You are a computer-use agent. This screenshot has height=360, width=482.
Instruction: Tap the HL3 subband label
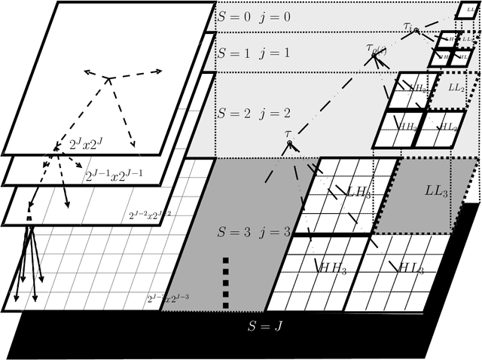tap(411, 268)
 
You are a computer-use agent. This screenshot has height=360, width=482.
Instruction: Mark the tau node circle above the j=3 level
tap(289, 144)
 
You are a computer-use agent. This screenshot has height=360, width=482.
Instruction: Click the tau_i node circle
tap(416, 30)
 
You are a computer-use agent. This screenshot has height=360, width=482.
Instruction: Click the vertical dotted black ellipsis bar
tap(226, 282)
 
